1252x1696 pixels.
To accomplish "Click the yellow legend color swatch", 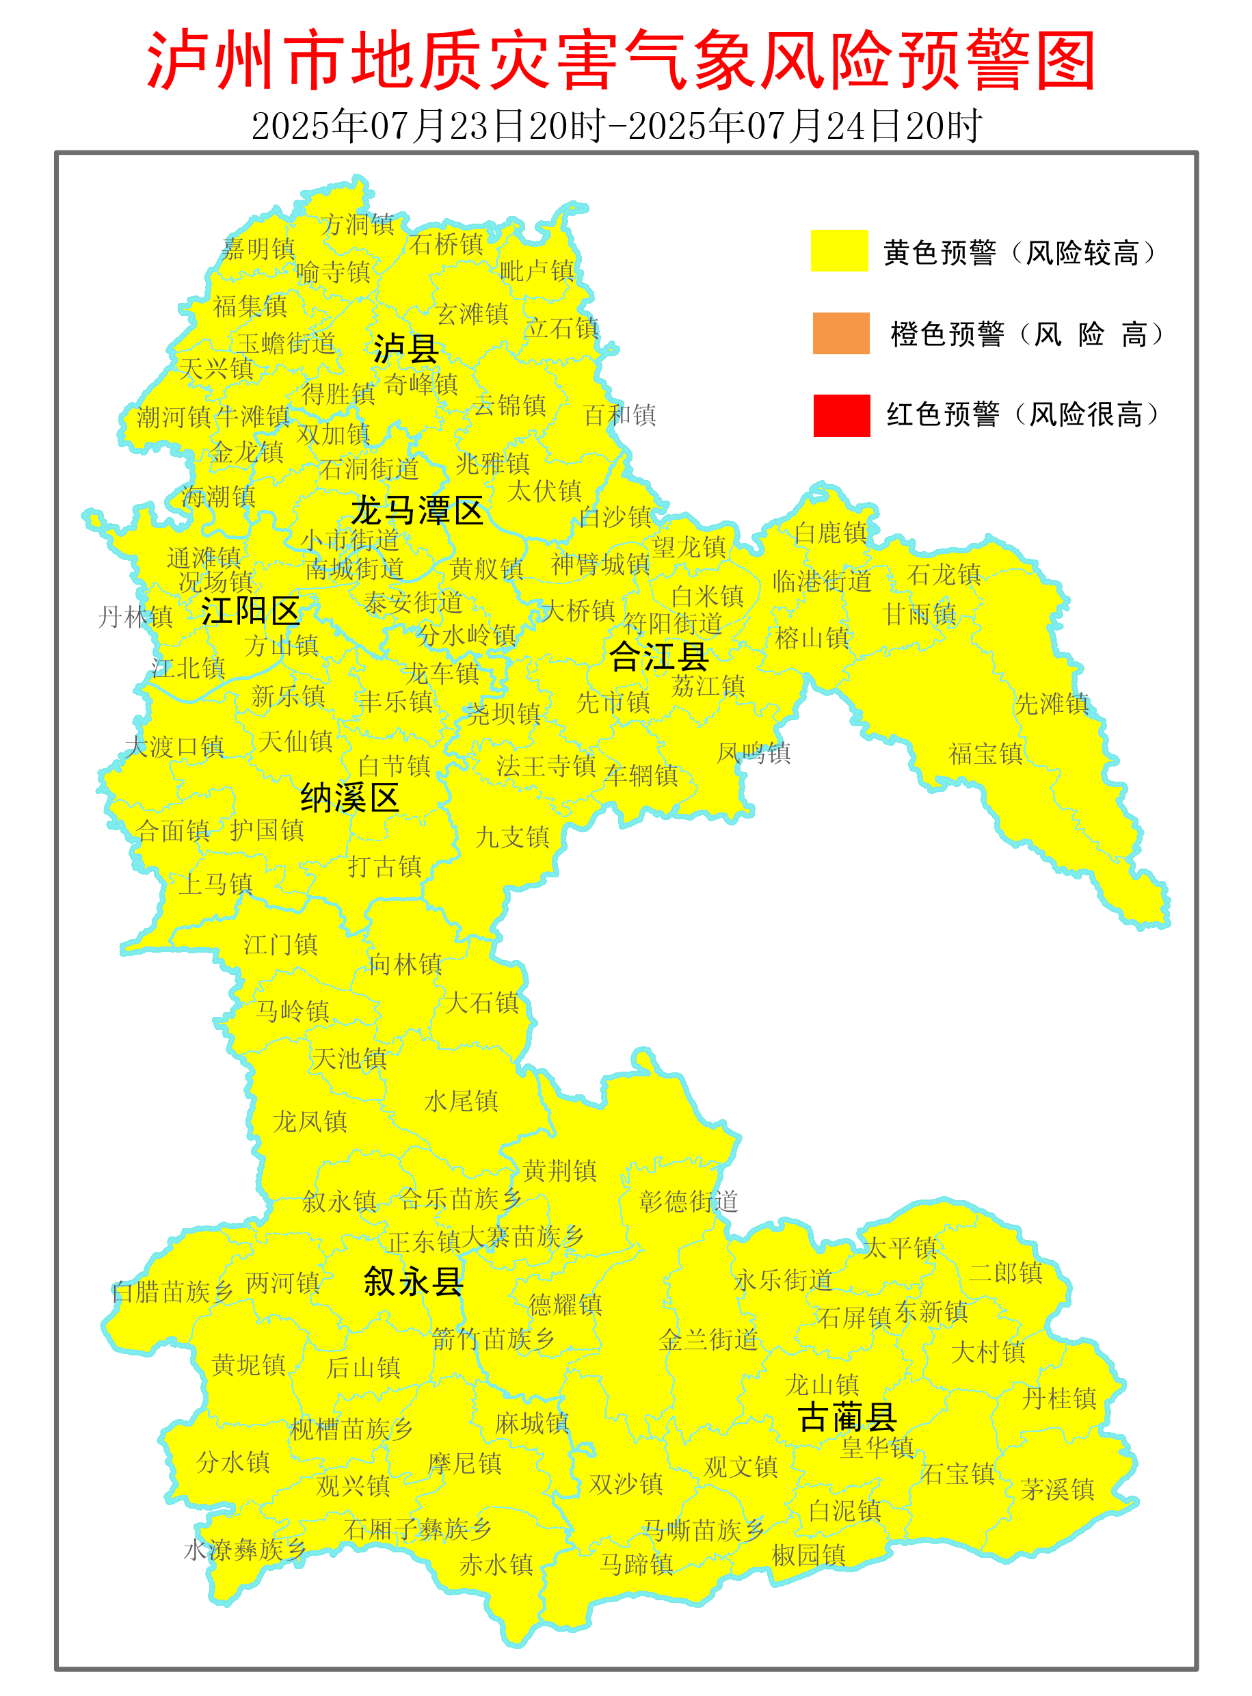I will (x=839, y=250).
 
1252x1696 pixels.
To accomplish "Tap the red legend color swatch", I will (x=841, y=415).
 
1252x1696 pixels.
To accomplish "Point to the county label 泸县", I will (x=405, y=349).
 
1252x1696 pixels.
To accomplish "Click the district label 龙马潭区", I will (x=417, y=512).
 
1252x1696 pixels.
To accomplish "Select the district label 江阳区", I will (x=251, y=611).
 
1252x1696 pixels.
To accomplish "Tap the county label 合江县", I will (x=658, y=657).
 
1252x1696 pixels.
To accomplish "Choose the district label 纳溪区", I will (x=349, y=798).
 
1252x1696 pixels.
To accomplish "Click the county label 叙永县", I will (x=413, y=1282).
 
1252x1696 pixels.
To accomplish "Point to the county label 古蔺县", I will (x=847, y=1416).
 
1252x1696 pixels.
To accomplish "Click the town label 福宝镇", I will (x=985, y=754).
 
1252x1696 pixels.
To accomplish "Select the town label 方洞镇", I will (x=357, y=224).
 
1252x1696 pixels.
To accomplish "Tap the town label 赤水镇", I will (x=496, y=1564).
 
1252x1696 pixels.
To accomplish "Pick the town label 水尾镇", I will (x=461, y=1101).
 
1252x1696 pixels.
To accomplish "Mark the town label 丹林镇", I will (x=135, y=617).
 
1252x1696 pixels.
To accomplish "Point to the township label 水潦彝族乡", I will (x=244, y=1550).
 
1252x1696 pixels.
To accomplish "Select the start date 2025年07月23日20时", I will (x=429, y=126).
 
